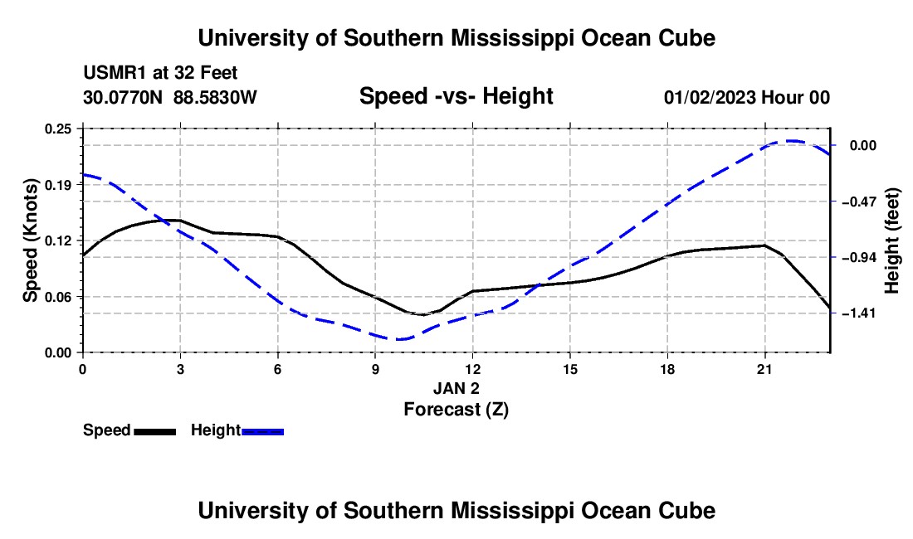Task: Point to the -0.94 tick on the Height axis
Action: coord(862,257)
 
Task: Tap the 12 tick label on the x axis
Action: coord(472,369)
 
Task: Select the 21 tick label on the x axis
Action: coord(764,369)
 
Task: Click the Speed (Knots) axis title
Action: coord(30,240)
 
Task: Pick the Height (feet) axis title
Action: coord(891,240)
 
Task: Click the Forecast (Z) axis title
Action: coord(456,410)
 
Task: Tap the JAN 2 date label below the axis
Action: coord(456,388)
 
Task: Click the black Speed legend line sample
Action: coord(154,431)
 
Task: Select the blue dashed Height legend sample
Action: coord(262,431)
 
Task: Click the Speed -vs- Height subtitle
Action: coord(456,96)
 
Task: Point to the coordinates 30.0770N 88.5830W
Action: coord(169,97)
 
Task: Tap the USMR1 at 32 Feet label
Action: coord(160,73)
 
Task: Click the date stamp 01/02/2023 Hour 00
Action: coord(746,97)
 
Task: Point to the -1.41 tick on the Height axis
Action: coord(862,313)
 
